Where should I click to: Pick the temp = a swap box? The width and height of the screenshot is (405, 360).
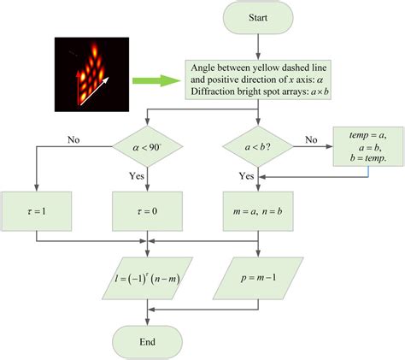coord(367,146)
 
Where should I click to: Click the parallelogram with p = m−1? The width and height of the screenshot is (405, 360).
coord(259,279)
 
